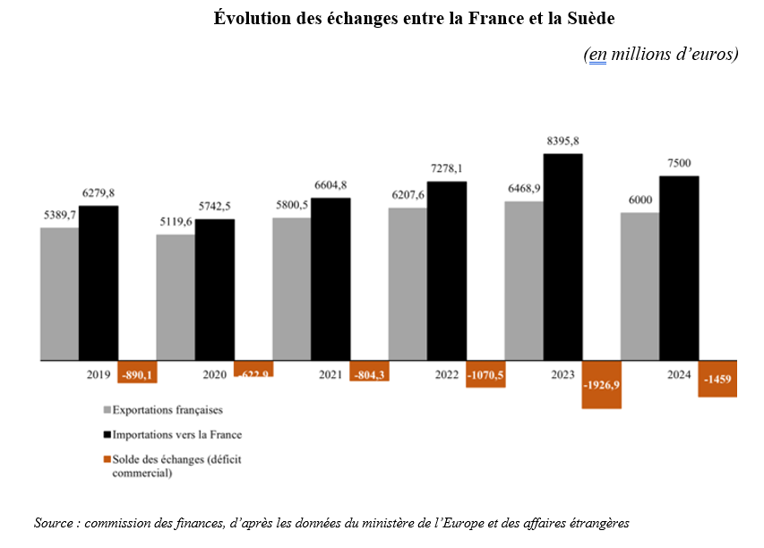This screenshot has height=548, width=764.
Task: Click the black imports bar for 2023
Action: click(x=563, y=257)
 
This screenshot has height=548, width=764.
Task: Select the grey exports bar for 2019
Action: click(x=59, y=295)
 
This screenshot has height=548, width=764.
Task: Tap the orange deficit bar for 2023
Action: click(x=602, y=385)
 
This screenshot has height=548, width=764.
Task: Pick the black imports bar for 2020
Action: click(x=215, y=290)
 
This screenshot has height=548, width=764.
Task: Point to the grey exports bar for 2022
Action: click(x=408, y=285)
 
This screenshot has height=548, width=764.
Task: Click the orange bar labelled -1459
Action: click(x=718, y=380)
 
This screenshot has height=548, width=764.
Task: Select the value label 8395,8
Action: click(x=562, y=141)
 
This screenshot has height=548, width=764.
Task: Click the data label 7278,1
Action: click(x=447, y=168)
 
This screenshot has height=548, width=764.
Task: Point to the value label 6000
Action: click(x=640, y=201)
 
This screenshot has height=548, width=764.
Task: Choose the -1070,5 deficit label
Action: click(x=485, y=375)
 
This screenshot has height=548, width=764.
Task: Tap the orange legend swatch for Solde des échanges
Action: click(x=107, y=459)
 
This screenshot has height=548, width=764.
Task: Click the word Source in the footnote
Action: click(x=55, y=522)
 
